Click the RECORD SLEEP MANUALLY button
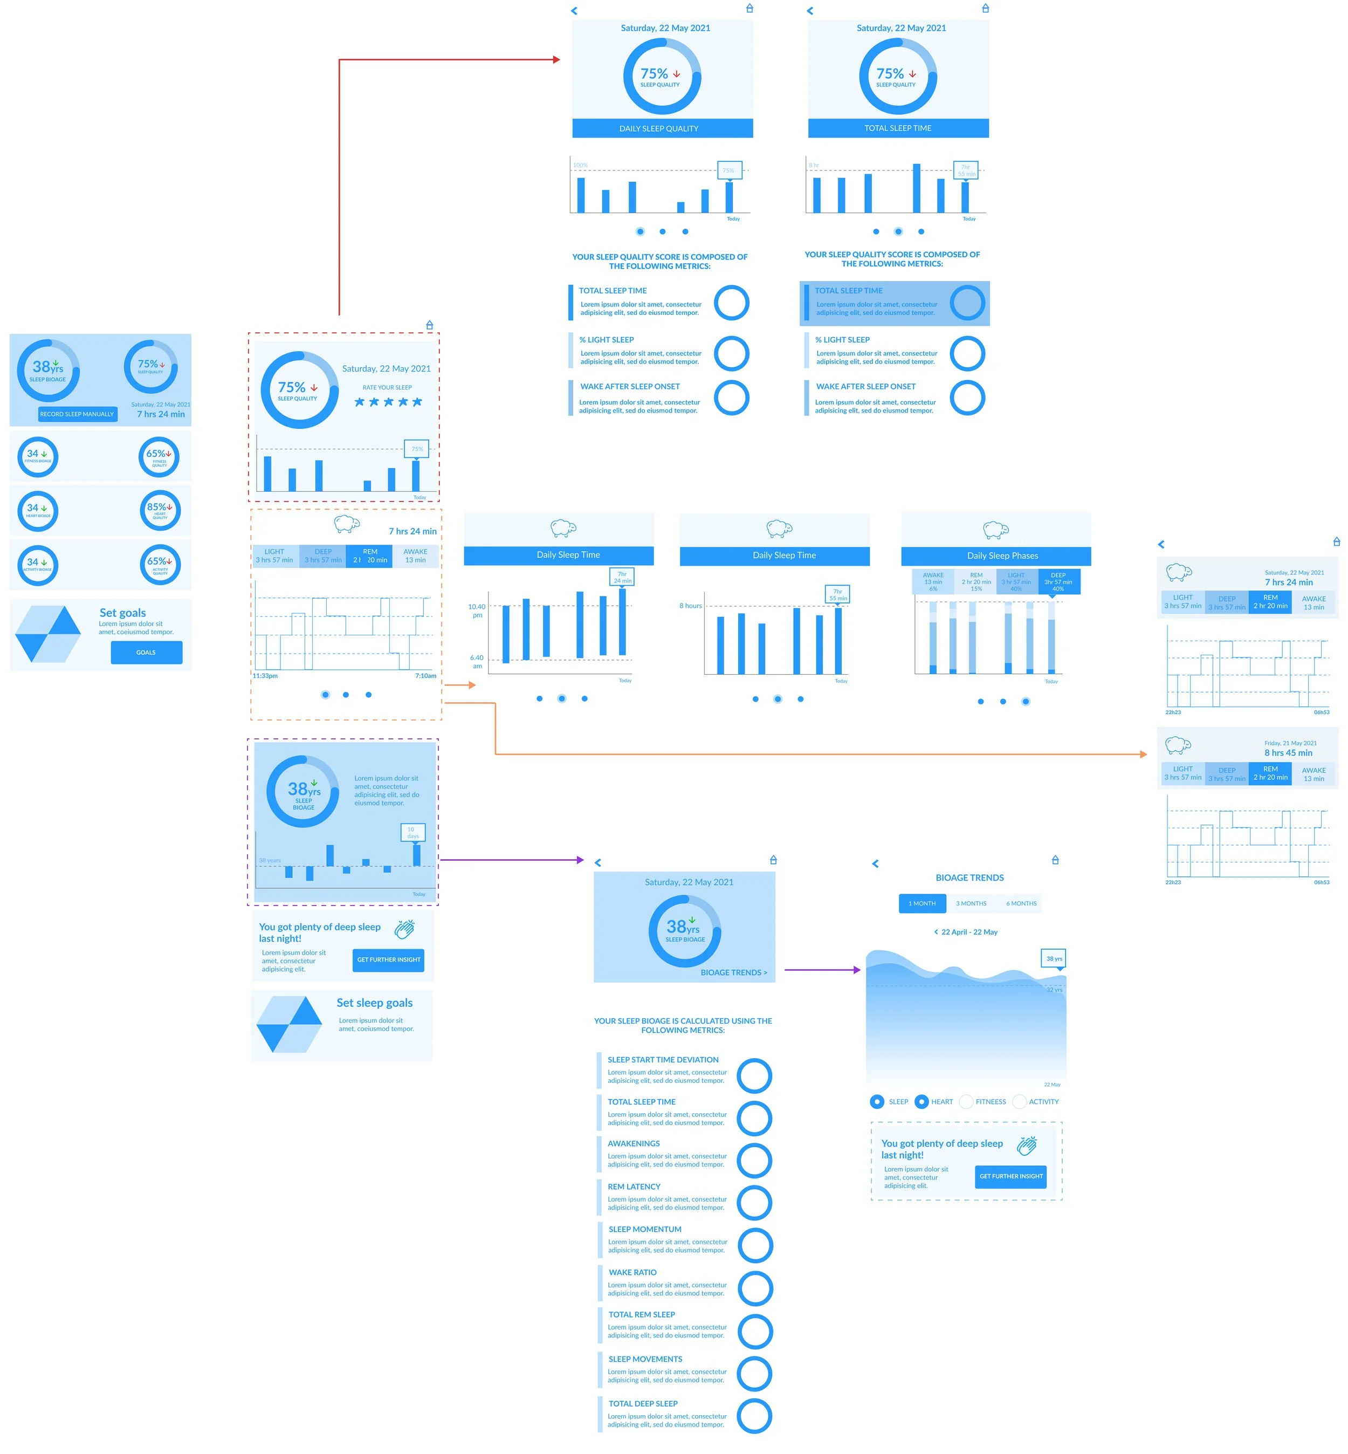click(77, 414)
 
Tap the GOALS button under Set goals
click(146, 652)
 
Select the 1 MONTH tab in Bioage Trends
click(922, 903)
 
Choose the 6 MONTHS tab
click(1021, 903)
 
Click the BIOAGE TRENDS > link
click(733, 972)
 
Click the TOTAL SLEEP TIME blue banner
click(898, 128)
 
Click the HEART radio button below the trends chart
click(922, 1102)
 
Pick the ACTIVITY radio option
click(1020, 1102)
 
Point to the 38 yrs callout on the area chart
click(1053, 958)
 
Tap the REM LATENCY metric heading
click(634, 1187)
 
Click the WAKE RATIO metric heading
click(632, 1272)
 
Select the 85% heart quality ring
click(160, 510)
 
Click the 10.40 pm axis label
click(476, 611)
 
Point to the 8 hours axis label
click(690, 606)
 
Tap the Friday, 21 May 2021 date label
click(1290, 743)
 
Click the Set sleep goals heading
click(374, 1003)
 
